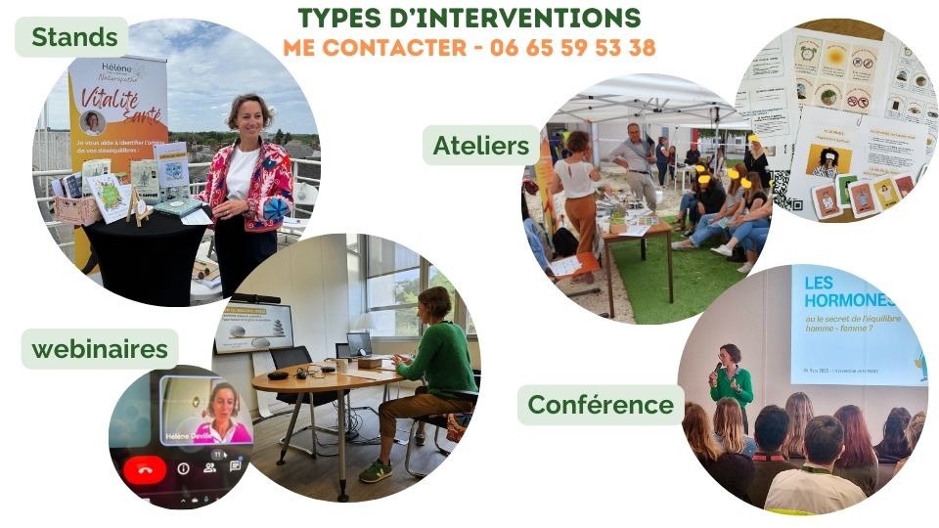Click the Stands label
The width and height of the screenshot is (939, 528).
tap(74, 38)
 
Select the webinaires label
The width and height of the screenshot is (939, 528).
tap(100, 349)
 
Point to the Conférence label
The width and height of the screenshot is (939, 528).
tap(601, 404)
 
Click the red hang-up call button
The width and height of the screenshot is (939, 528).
tap(145, 470)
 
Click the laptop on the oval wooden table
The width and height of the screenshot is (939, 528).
tap(358, 344)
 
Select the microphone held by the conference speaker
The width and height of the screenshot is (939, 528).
tap(718, 371)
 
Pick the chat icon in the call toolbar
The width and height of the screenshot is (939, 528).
tap(235, 466)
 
